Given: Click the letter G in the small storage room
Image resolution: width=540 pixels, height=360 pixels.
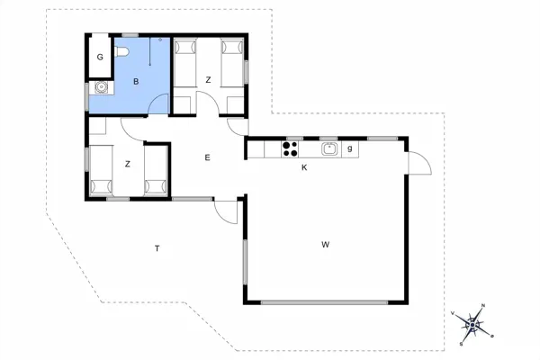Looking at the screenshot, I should click(101, 57).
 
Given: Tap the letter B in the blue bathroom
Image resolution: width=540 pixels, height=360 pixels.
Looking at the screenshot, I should click(136, 82).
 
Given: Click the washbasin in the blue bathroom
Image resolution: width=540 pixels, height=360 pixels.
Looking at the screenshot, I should click(103, 88).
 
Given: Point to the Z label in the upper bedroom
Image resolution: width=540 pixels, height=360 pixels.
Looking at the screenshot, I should click(208, 80).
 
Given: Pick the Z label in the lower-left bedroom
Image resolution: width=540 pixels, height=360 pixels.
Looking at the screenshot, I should click(128, 164).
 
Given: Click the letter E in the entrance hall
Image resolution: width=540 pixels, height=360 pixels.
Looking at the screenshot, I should click(207, 157).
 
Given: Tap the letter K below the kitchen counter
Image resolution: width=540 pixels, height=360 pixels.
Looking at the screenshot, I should click(304, 167).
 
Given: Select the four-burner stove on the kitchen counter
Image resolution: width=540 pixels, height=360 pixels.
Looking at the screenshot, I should click(291, 149).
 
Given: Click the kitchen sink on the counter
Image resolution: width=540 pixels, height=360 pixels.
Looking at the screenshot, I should click(329, 148).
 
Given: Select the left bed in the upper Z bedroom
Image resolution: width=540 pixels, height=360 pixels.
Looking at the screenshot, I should click(187, 72).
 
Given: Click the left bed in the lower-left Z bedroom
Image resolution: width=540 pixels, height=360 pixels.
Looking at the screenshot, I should click(101, 171).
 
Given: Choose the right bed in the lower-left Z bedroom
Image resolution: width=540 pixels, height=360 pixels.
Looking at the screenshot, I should click(156, 171).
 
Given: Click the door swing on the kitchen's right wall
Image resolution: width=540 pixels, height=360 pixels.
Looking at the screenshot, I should click(418, 164).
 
